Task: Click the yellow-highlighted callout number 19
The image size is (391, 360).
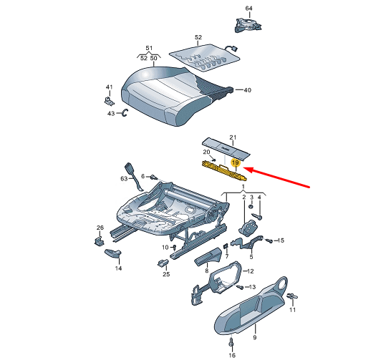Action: [234, 164]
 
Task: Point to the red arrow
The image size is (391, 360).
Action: [281, 180]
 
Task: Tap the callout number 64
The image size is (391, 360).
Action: [248, 8]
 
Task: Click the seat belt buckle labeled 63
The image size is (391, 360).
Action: [132, 172]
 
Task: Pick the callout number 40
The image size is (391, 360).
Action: [248, 90]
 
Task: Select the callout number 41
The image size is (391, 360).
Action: [110, 87]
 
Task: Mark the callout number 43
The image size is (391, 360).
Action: [111, 113]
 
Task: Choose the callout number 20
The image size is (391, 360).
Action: [206, 152]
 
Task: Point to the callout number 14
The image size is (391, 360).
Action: [119, 268]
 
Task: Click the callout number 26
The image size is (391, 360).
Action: [100, 228]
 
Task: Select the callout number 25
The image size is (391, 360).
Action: [165, 274]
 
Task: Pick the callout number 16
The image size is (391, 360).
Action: [231, 354]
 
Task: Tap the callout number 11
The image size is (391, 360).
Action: [292, 311]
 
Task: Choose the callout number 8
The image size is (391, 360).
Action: [206, 271]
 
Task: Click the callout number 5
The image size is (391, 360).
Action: [281, 240]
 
